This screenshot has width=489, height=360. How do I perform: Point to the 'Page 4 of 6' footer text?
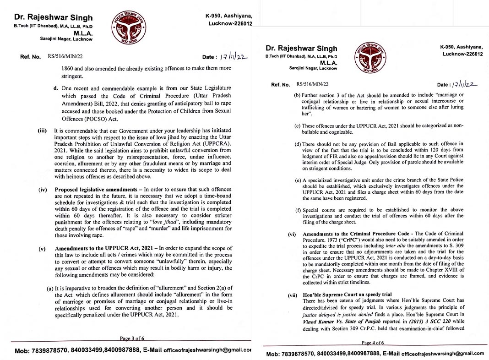[373, 343]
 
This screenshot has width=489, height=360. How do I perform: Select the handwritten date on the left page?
[234, 57]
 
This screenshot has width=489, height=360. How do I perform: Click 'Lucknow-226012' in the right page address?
[463, 54]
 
